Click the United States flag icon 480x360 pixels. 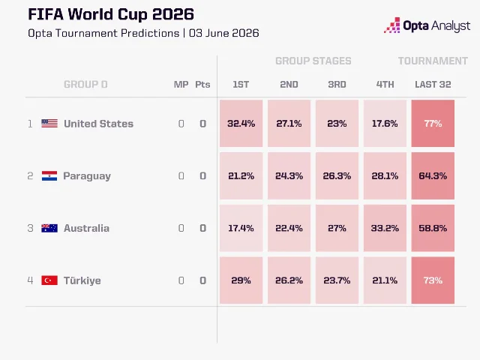coord(49,123)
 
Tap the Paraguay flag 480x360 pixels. coord(49,175)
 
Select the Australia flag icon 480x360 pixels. coord(49,228)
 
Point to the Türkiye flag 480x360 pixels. coord(49,280)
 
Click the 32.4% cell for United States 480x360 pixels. coord(241,123)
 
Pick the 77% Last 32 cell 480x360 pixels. coord(433,123)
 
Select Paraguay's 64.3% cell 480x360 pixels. coord(433,175)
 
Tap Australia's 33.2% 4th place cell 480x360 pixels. coord(385,228)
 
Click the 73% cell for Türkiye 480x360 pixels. coord(433,280)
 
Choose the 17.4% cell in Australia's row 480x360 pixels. coord(241,228)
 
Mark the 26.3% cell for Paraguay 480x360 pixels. coord(337,175)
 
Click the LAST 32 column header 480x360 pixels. coord(433,85)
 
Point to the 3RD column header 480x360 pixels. coord(337,85)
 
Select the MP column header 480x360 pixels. coord(181,85)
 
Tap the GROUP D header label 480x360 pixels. coord(85,85)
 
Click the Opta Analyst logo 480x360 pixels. coord(427,25)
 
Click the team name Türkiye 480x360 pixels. coord(82,280)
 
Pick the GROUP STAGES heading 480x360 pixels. coord(313,61)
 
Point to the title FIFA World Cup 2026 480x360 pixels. coord(111,14)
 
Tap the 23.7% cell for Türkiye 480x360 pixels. coord(337,280)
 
